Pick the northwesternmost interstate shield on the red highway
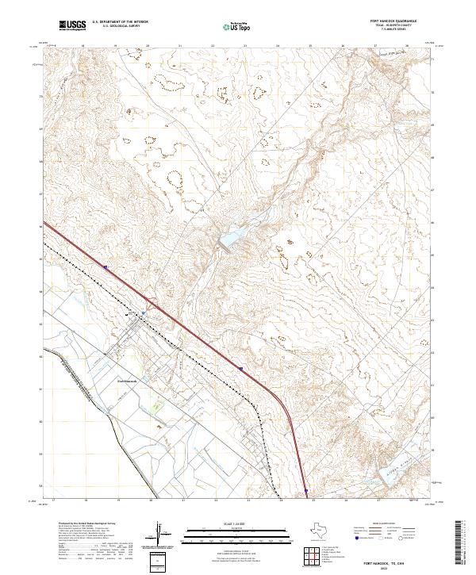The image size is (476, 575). coord(104,267)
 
